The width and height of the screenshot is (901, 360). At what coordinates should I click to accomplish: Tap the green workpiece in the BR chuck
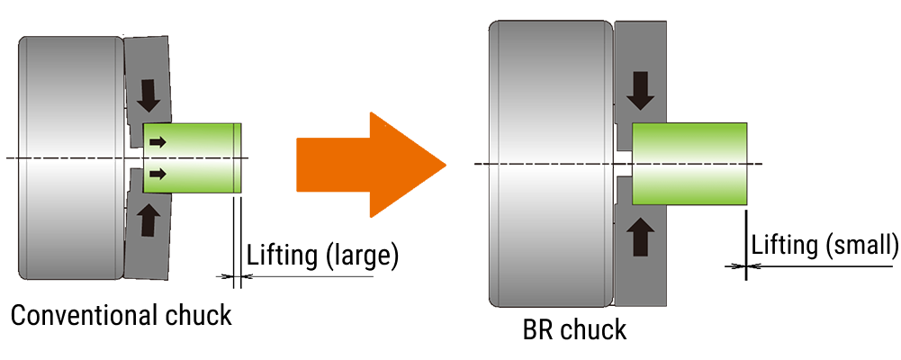coord(689,163)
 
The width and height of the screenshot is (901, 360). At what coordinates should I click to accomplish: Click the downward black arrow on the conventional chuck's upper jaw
coord(146,93)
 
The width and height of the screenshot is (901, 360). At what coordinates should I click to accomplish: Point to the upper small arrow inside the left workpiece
coord(158,141)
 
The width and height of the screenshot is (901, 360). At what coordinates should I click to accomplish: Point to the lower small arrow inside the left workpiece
coord(158,174)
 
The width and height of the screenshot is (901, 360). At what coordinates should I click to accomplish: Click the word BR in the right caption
coord(538,329)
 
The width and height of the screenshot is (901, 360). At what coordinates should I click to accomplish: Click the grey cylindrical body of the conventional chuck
coord(70,157)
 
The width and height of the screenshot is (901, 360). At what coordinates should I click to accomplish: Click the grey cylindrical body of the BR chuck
coord(549,162)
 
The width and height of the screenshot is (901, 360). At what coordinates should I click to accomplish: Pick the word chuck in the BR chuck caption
coord(594,329)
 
